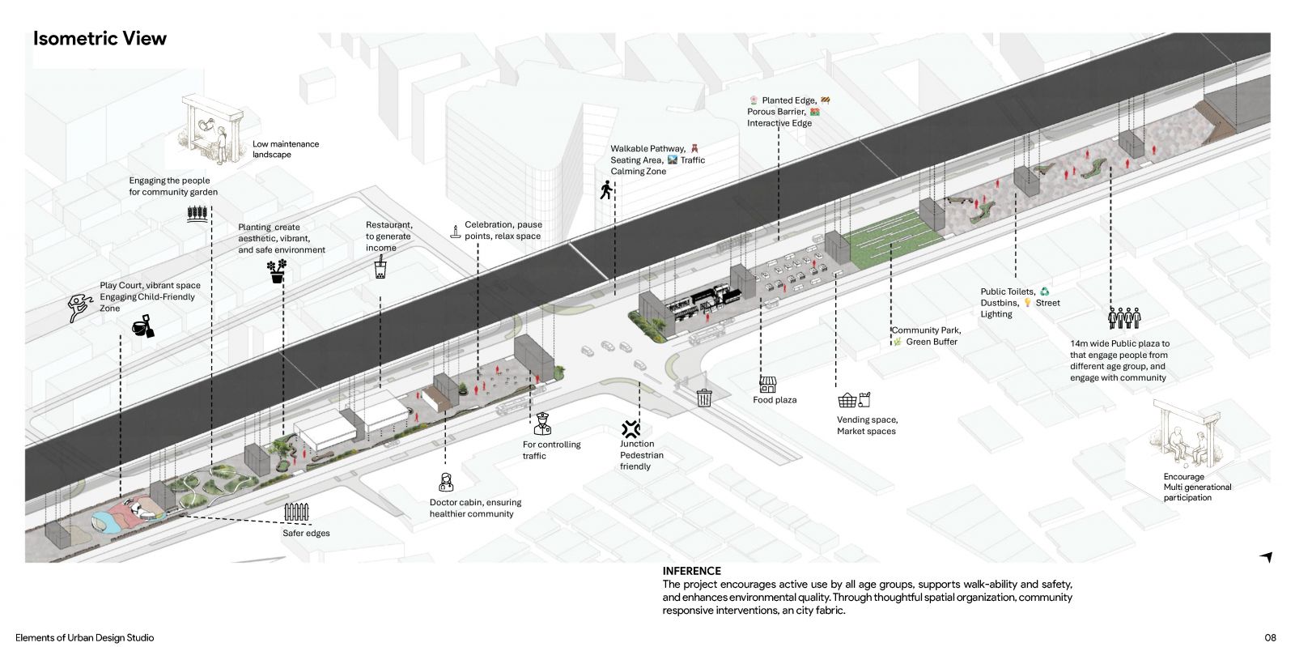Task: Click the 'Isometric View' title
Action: (100, 39)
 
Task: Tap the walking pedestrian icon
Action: (606, 189)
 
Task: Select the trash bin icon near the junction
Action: (704, 398)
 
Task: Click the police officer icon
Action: (542, 424)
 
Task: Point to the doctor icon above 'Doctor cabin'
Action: (446, 482)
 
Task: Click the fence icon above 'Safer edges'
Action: (296, 512)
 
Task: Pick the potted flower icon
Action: (277, 270)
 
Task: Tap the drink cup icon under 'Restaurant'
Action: (380, 268)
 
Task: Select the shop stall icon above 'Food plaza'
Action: (767, 385)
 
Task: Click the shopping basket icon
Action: (847, 400)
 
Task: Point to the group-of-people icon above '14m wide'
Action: (1124, 318)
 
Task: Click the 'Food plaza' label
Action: (775, 400)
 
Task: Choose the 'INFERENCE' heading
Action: (691, 571)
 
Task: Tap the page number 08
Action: (1270, 638)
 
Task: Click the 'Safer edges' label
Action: (306, 533)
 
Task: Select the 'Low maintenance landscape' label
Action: (286, 149)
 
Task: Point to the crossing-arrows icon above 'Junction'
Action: (631, 429)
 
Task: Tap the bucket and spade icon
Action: (142, 326)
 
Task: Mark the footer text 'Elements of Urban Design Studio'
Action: (84, 638)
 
